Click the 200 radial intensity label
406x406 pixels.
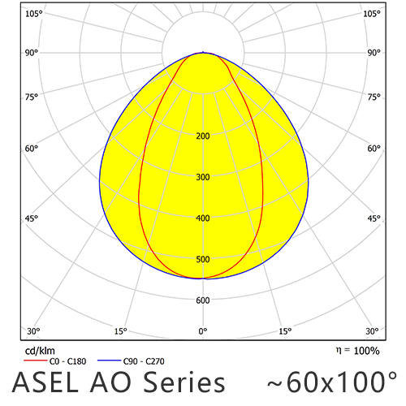[x=203, y=136]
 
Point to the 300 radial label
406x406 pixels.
[x=203, y=177]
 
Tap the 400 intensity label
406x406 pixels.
[x=203, y=218]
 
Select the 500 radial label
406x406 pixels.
[x=203, y=260]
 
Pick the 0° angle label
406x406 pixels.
[x=203, y=331]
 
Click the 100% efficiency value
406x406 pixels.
[x=365, y=351]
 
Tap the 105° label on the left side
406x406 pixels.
[x=33, y=14]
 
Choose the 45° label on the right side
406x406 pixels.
[x=374, y=218]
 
